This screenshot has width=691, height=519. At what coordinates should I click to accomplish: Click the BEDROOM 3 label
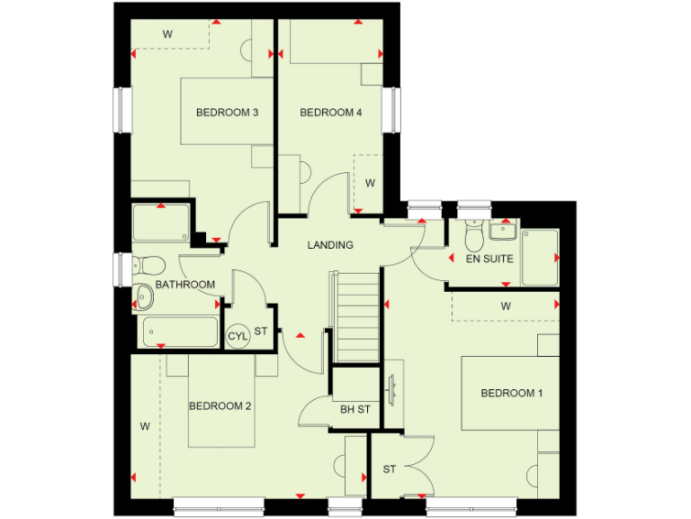click(228, 113)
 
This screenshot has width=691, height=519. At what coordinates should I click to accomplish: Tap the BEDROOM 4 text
click(330, 113)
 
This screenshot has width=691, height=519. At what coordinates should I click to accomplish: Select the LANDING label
click(330, 245)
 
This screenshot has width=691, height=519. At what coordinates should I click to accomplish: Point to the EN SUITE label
click(489, 259)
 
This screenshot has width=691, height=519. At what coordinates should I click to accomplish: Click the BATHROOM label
click(185, 285)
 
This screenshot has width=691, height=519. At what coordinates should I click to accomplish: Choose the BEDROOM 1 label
click(512, 394)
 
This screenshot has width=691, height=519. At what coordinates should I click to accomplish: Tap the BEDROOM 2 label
click(220, 406)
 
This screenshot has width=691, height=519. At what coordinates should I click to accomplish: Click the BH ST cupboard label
click(355, 410)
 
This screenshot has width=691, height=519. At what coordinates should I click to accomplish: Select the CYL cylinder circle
click(238, 336)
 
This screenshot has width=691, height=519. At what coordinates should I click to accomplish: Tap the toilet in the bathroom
click(148, 264)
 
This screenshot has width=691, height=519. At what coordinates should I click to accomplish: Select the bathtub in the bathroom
click(180, 331)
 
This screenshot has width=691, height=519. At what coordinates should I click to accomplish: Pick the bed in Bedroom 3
click(225, 111)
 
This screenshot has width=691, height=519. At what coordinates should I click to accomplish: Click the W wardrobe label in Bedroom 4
click(370, 183)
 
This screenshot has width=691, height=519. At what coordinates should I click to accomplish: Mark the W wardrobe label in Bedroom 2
click(144, 424)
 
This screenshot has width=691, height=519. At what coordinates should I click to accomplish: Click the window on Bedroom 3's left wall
click(121, 109)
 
